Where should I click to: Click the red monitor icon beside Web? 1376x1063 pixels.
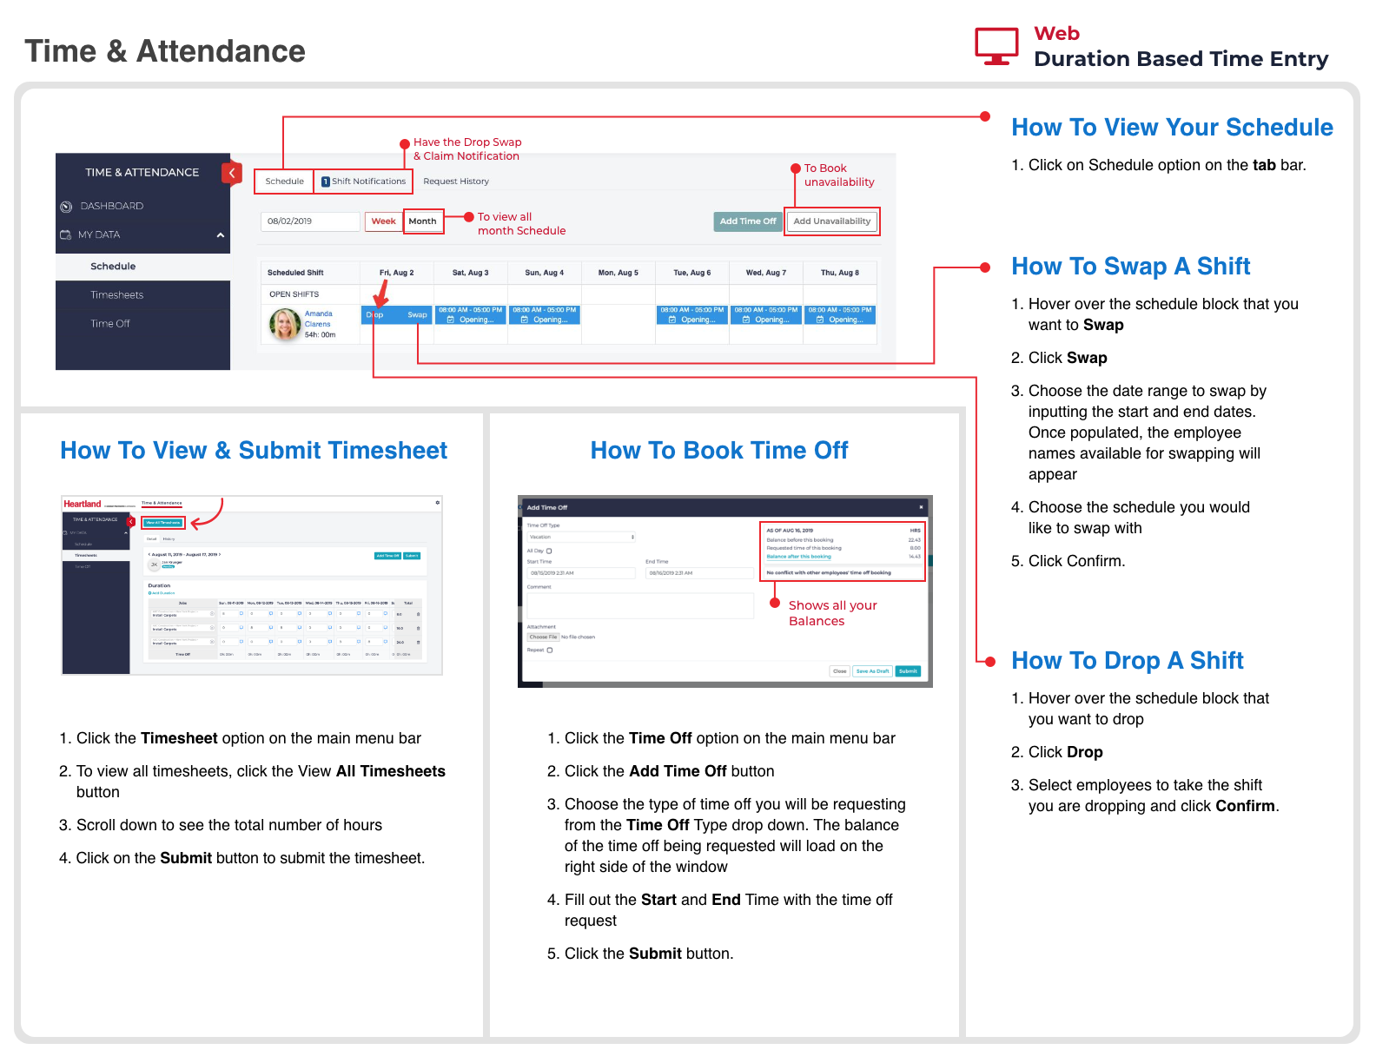click(x=996, y=46)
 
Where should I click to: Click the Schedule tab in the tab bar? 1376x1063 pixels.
click(x=284, y=182)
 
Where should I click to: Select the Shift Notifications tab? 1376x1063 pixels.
click(x=363, y=182)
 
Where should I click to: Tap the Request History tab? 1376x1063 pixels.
click(x=456, y=182)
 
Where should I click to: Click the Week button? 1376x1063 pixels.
click(x=383, y=221)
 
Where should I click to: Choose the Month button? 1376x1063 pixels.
click(x=422, y=221)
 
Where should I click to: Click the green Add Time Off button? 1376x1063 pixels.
click(x=747, y=221)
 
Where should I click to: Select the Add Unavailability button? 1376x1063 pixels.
click(x=831, y=221)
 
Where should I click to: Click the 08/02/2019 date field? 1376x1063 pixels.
click(x=309, y=221)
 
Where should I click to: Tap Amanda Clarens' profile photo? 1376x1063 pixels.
click(x=285, y=324)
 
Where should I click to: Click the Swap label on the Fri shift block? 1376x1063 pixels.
click(x=417, y=315)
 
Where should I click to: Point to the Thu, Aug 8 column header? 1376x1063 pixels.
click(x=839, y=273)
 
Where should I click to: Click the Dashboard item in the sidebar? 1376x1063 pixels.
click(x=111, y=206)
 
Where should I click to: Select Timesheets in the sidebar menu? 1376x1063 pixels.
click(x=116, y=295)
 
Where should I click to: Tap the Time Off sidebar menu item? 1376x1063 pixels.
click(x=110, y=324)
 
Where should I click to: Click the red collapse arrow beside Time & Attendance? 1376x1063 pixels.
click(x=231, y=173)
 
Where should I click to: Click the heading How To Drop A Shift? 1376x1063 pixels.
click(x=1127, y=661)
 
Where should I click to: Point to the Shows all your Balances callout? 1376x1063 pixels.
click(x=832, y=613)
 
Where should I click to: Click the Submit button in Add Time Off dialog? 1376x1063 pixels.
click(x=908, y=671)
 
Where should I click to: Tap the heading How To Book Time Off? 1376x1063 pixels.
click(x=718, y=451)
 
